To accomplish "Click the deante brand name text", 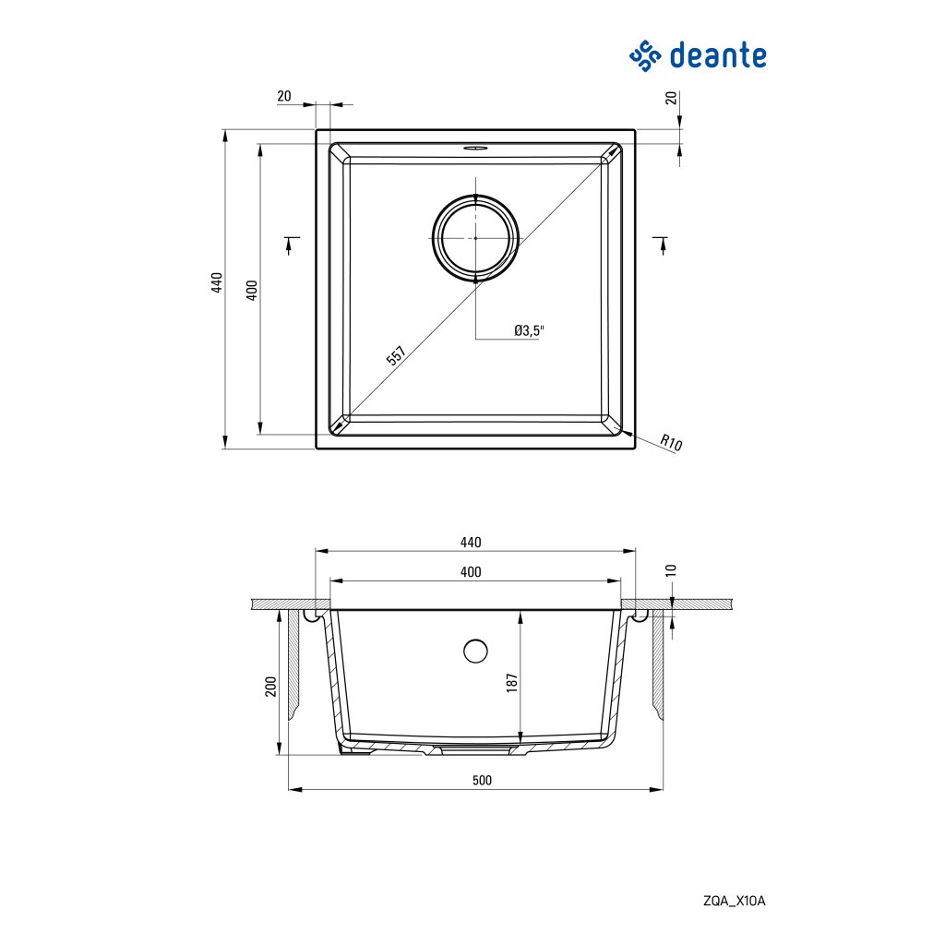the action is (717, 54).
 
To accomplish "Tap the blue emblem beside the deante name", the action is (646, 55).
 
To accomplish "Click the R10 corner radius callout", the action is (671, 443).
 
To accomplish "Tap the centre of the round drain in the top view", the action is (475, 237).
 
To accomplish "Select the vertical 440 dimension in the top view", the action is (217, 283).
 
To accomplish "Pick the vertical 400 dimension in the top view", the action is (251, 289).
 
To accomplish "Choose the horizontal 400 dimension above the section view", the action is (471, 572).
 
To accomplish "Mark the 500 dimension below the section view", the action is (482, 780).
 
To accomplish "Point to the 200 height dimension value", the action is (270, 687).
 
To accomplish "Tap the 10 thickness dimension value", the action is (672, 570).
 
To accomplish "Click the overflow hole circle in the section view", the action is (475, 651).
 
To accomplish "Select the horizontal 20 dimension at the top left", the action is (283, 96).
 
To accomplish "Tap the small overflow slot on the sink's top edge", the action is (475, 147).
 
